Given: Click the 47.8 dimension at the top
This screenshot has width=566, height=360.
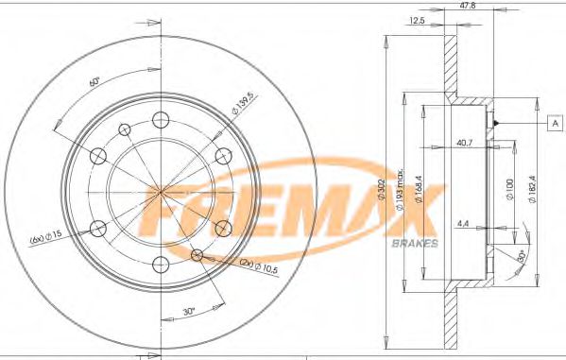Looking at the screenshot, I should [466, 6].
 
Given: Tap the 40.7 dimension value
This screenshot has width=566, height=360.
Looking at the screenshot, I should [464, 144].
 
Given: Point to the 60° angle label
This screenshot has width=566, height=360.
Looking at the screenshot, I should [94, 82].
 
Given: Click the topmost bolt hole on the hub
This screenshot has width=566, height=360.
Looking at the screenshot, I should [160, 119].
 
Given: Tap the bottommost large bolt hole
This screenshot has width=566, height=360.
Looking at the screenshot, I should [160, 262].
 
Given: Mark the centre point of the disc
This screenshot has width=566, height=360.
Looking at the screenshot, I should [160, 191].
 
